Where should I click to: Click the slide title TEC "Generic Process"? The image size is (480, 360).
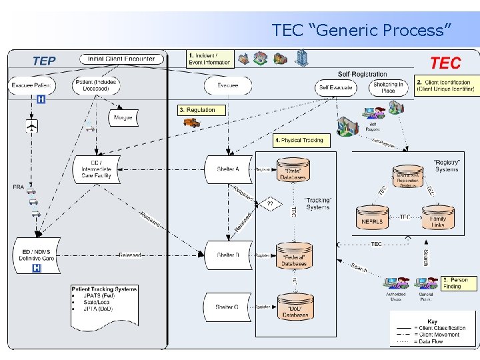click(362, 30)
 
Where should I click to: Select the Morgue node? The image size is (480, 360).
click(123, 117)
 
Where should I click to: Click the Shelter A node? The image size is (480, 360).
click(227, 169)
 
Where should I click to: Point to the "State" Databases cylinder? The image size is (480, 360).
click(294, 171)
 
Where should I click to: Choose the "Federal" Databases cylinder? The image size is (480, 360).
click(294, 255)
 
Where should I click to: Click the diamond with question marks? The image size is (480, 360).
click(270, 203)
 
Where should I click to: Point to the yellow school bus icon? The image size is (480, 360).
click(191, 122)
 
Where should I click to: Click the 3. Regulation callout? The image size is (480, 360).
click(202, 109)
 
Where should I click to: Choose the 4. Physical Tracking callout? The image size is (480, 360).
click(299, 141)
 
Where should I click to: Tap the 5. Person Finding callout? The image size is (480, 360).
click(459, 283)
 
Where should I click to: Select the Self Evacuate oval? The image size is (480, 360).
click(335, 87)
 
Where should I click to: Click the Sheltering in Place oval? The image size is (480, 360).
click(388, 87)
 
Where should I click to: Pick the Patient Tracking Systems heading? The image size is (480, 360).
click(105, 289)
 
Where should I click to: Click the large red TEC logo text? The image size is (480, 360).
click(446, 63)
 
